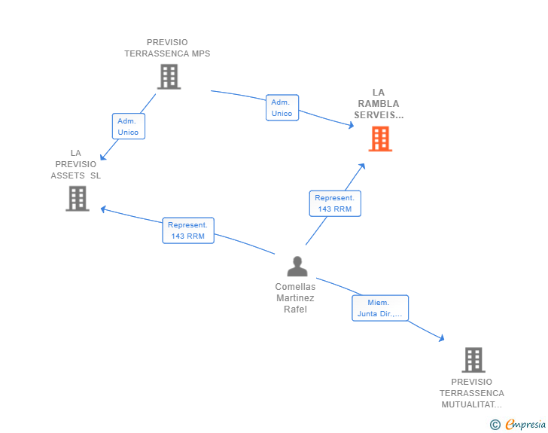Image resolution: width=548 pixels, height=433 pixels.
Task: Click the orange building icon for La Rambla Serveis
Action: pyautogui.click(x=380, y=139)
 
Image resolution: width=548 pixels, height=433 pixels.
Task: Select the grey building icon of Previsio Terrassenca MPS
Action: pyautogui.click(x=169, y=76)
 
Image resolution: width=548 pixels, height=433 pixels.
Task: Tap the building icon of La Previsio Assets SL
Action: pyautogui.click(x=77, y=198)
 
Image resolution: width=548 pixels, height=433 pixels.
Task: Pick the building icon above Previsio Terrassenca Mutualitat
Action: pyautogui.click(x=473, y=360)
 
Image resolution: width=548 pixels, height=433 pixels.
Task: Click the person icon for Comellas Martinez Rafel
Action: pyautogui.click(x=297, y=267)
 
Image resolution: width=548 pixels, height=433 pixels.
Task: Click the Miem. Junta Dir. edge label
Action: pyautogui.click(x=379, y=308)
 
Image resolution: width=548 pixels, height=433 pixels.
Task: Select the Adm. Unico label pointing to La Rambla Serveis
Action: pyautogui.click(x=282, y=108)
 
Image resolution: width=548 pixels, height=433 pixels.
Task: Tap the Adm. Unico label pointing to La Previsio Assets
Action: pyautogui.click(x=128, y=127)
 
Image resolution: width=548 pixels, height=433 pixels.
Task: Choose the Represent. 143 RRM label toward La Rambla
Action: pyautogui.click(x=334, y=203)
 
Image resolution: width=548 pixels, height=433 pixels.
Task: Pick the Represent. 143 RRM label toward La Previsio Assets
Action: pyautogui.click(x=188, y=230)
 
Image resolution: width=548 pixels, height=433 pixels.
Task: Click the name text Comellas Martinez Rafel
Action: pyautogui.click(x=295, y=298)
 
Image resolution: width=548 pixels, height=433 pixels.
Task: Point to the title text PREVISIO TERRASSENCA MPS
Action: pyautogui.click(x=167, y=48)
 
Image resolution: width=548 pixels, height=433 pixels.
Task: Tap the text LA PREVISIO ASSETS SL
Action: pyautogui.click(x=75, y=164)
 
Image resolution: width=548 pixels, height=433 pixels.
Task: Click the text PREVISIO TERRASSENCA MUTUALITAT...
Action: pyautogui.click(x=472, y=393)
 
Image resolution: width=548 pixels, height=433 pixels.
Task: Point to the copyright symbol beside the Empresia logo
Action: pyautogui.click(x=495, y=425)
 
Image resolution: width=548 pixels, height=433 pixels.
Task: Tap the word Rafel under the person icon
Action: pyautogui.click(x=295, y=310)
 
